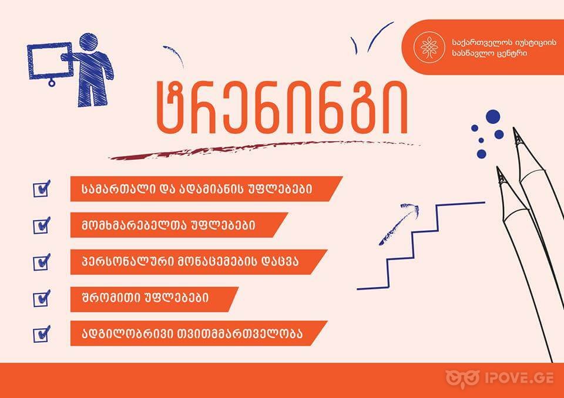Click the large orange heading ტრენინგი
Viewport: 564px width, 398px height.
coord(283,108)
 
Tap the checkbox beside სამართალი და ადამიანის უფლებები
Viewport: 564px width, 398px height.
coord(41,189)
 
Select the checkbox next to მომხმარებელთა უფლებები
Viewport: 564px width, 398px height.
coord(41,225)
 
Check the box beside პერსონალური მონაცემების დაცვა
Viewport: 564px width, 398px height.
coord(41,262)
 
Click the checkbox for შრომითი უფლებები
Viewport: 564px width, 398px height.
coord(41,298)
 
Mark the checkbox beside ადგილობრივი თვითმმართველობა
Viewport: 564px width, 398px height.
coord(41,334)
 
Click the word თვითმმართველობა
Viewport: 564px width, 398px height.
coord(239,333)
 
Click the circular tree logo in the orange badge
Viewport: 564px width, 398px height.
coord(429,47)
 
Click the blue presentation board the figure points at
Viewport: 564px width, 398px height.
coord(51,62)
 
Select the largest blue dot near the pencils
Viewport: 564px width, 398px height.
coord(493,116)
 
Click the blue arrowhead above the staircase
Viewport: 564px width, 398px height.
coord(411,207)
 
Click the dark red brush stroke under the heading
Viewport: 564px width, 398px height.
coord(264,150)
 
